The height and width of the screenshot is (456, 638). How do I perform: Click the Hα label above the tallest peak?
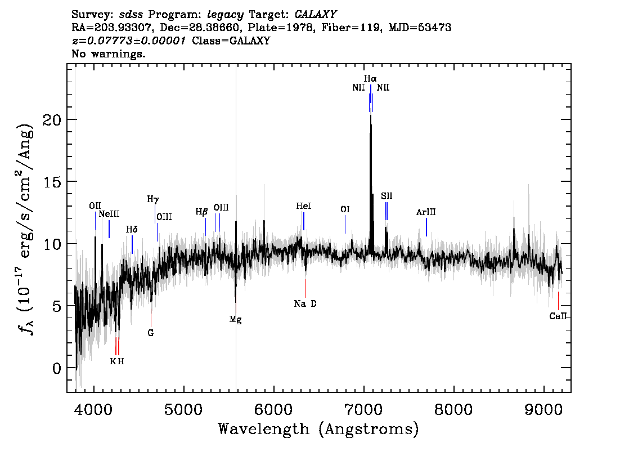tap(370, 79)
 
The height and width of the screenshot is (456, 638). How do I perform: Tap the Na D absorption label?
tap(305, 304)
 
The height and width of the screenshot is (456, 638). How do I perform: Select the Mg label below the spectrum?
tap(236, 320)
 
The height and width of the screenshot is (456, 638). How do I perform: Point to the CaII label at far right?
tap(558, 316)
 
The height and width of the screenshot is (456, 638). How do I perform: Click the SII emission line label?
tap(387, 196)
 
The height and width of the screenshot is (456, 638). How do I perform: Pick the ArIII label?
tap(426, 212)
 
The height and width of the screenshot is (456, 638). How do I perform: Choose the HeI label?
tap(304, 206)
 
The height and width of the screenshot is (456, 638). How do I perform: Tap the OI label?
tap(345, 209)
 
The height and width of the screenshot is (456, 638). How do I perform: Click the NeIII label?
tap(109, 214)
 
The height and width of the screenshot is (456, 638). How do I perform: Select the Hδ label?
tap(132, 229)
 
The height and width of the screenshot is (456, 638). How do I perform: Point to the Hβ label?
tap(202, 212)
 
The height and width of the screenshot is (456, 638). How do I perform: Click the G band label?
tap(151, 333)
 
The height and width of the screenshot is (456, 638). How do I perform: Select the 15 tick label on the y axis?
tap(52, 182)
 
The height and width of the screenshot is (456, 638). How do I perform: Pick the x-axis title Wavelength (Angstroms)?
tap(318, 429)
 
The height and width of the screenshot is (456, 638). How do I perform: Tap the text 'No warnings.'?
tap(109, 53)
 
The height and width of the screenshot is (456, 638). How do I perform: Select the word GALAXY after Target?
tap(316, 15)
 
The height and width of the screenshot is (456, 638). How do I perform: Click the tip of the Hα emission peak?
tap(370, 115)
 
